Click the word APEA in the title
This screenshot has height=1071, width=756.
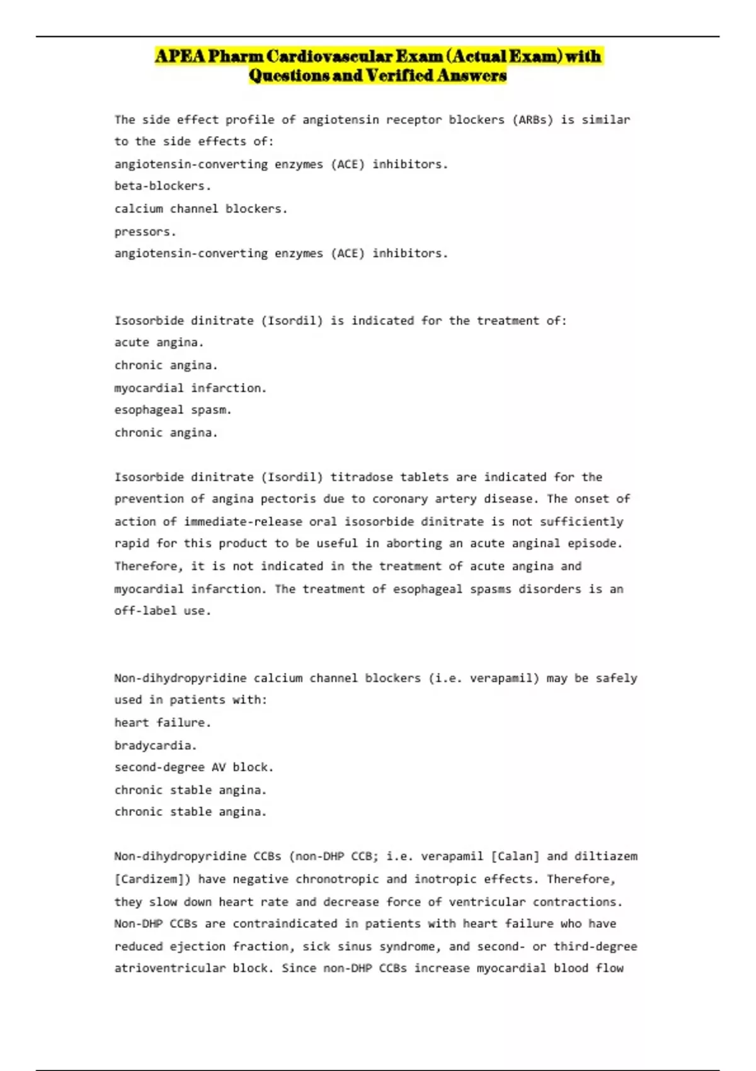[x=180, y=57]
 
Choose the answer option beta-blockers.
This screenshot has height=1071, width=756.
[x=163, y=186]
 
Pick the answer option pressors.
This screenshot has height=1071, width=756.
[x=145, y=231]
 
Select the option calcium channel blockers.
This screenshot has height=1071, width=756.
[x=201, y=209]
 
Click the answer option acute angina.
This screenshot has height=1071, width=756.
[x=159, y=343]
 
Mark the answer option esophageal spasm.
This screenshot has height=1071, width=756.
[x=173, y=409]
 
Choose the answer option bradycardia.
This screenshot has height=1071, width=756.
[x=156, y=745]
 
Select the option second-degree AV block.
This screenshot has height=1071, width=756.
[x=194, y=767]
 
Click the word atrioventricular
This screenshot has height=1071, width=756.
[x=169, y=968]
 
